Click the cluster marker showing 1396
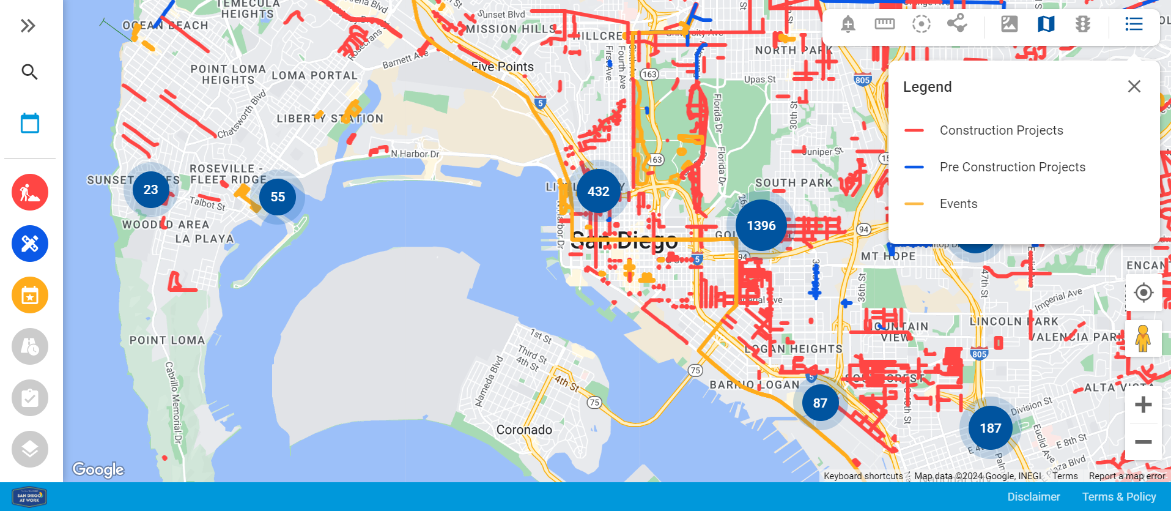tap(761, 226)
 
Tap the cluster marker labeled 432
tap(598, 192)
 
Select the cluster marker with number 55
tap(278, 197)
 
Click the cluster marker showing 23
tap(151, 190)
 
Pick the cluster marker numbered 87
tap(820, 403)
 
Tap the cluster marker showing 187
tap(990, 428)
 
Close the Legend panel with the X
tap(1134, 87)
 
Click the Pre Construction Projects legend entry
tap(1012, 167)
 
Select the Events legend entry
tap(958, 204)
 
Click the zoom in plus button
tap(1143, 405)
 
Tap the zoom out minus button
tap(1143, 442)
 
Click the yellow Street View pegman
tap(1143, 338)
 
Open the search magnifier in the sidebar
tap(29, 72)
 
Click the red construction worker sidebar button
tap(30, 192)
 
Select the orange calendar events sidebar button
tap(30, 295)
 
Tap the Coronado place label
tap(524, 430)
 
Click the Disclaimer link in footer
tap(1033, 497)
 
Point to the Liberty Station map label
tap(330, 119)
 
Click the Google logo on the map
tap(98, 469)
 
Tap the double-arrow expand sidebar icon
tap(28, 26)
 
